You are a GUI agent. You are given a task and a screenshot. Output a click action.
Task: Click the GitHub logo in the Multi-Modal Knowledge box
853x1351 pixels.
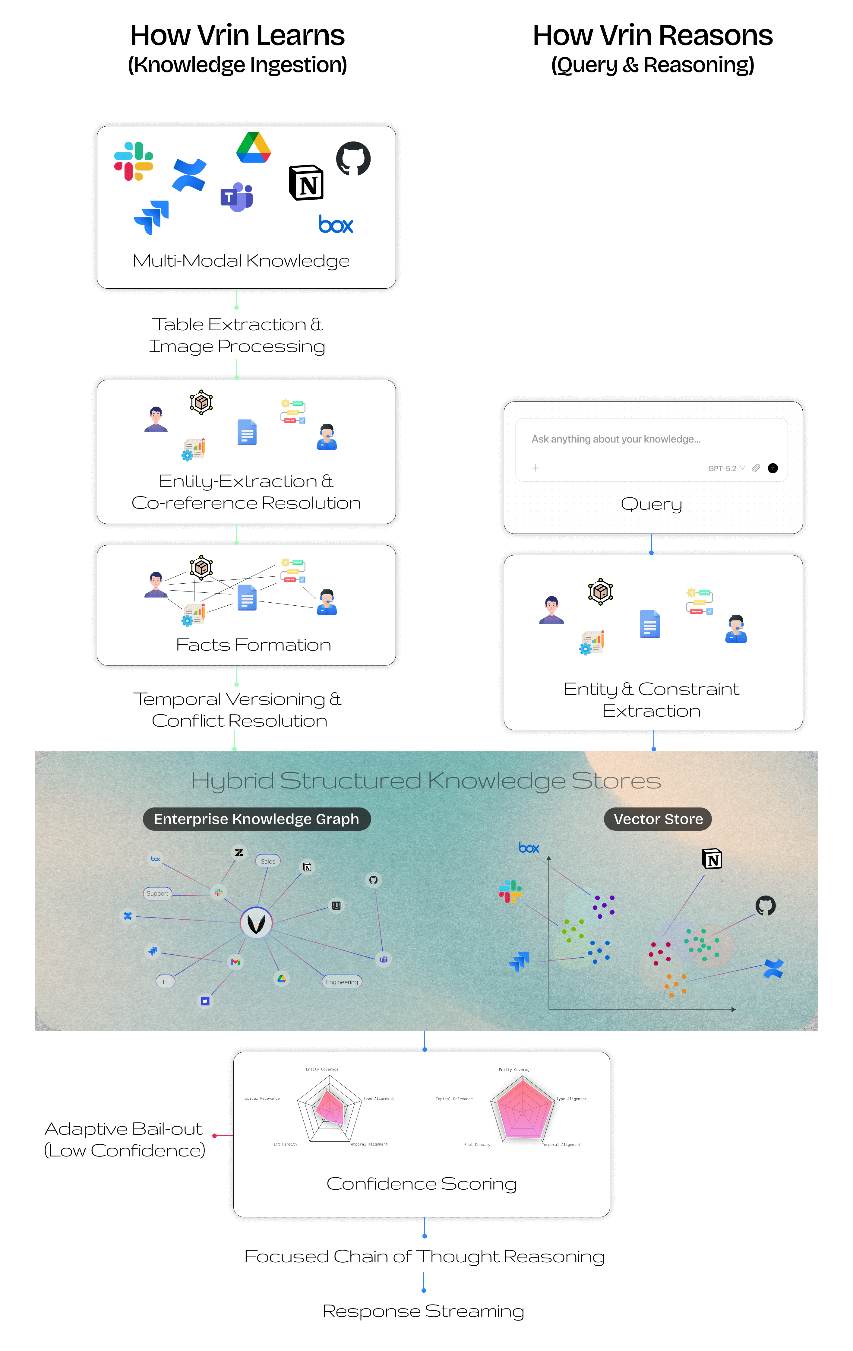tap(353, 158)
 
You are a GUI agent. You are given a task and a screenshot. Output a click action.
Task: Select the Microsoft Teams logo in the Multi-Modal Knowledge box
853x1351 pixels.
tap(237, 197)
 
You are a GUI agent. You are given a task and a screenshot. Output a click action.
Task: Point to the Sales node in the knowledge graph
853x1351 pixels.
tap(268, 861)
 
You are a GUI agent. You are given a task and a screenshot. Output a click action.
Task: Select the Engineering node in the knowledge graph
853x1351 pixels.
tap(342, 982)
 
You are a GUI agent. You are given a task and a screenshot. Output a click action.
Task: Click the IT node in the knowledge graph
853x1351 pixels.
tap(165, 982)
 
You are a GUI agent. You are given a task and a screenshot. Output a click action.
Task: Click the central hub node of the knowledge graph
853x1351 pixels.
tap(256, 923)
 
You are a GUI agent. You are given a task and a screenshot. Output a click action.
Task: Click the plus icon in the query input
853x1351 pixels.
tap(535, 468)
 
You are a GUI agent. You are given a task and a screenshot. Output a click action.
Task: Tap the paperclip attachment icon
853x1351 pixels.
tap(756, 468)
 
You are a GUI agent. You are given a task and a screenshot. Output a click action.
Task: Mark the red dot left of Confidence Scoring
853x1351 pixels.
tap(214, 1136)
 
